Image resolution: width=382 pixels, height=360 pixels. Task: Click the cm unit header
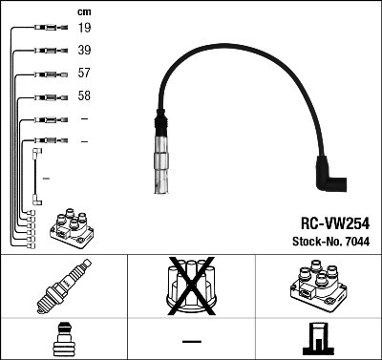coord(84,11)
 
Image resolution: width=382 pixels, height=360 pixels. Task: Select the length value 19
coord(85,29)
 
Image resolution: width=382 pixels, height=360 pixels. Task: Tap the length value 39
coord(85,51)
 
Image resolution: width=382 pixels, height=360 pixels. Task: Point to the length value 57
coord(85,74)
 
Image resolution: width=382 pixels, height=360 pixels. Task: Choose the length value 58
coord(85,96)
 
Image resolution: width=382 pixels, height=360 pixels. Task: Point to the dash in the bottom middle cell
coord(191,340)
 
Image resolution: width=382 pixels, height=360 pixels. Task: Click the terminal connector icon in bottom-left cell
coord(63,339)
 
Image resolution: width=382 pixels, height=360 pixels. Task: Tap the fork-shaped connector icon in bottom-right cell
coord(318,339)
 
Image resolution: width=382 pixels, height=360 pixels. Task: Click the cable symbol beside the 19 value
coord(44,29)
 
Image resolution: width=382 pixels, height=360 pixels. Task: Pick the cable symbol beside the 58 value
coord(44,96)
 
